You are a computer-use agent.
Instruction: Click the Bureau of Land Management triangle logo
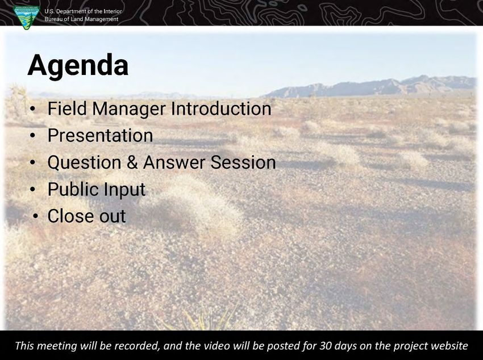pos(27,18)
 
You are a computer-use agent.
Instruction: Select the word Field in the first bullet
pos(67,108)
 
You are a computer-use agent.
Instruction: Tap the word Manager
pos(129,109)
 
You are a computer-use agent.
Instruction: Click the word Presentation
pos(100,135)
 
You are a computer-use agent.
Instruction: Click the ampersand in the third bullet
pos(132,162)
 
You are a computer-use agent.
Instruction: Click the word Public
pos(73,189)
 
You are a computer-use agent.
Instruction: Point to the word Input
pos(124,190)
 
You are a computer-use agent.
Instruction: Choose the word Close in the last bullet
pos(70,216)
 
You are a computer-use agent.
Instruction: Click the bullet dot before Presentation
pos(33,136)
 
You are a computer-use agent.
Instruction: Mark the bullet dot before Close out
pos(36,216)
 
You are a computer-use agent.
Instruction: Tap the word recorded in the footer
pos(137,346)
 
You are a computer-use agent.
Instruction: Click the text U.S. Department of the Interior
pos(83,11)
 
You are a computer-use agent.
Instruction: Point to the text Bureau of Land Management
pos(81,19)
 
